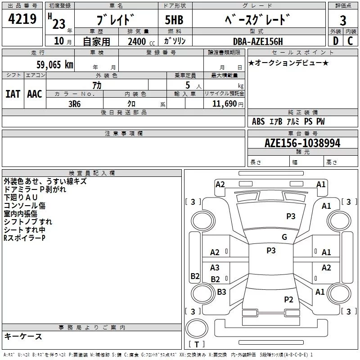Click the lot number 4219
point(22,19)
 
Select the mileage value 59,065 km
point(55,64)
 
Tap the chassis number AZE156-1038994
point(302,143)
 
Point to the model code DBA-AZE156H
point(258,41)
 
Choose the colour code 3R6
point(75,103)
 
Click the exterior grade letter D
point(335,41)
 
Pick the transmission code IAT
point(13,94)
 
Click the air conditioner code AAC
point(34,94)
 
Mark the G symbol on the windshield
point(284,237)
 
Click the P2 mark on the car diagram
point(288,299)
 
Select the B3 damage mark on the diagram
point(222,292)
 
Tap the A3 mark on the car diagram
point(215,268)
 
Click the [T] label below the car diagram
point(196,344)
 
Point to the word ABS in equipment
point(258,121)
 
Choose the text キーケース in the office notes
point(23,336)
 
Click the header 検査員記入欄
point(92,173)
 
